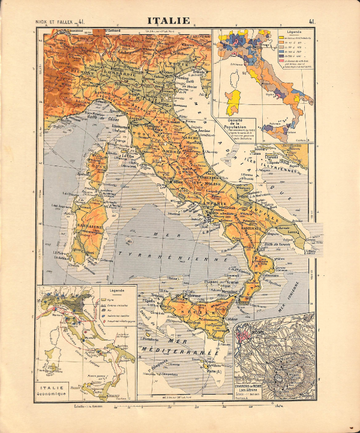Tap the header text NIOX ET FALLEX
coord(53,22)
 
